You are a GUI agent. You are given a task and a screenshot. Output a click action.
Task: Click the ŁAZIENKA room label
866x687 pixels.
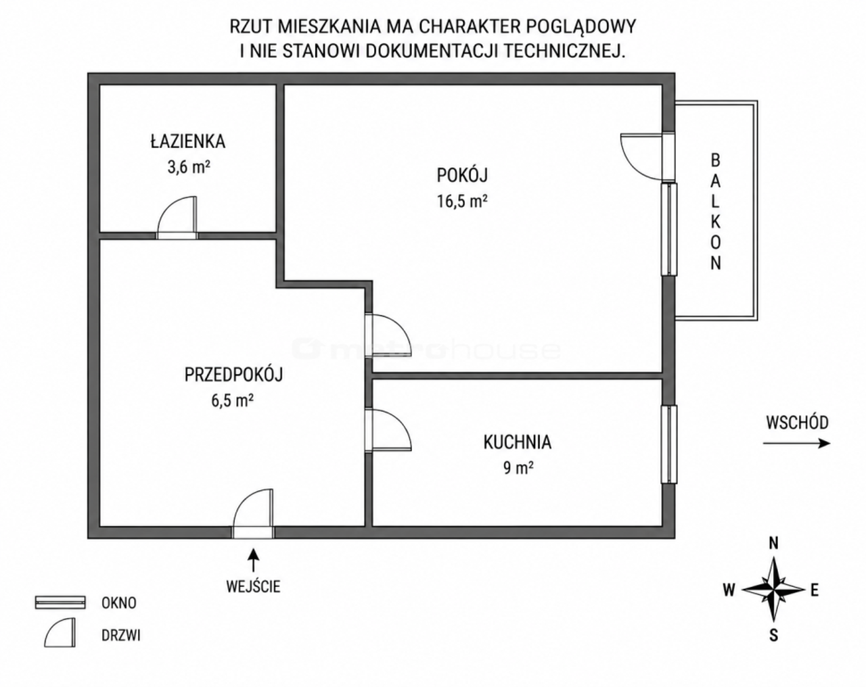[188, 141]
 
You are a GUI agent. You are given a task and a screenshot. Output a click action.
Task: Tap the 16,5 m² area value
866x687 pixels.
[462, 201]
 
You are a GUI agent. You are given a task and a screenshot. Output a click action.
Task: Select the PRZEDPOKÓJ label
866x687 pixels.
[234, 375]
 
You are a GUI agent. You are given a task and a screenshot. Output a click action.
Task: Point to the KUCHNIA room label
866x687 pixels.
[517, 442]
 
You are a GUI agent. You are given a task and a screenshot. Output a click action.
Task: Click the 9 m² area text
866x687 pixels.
[518, 468]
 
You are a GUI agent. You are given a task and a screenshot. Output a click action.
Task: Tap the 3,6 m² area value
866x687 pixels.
[189, 167]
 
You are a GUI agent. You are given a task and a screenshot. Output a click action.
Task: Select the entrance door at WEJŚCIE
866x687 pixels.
[253, 513]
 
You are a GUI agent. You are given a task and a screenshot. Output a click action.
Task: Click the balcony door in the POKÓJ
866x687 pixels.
[647, 156]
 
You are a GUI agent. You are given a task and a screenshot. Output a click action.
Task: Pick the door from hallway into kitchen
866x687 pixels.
[388, 430]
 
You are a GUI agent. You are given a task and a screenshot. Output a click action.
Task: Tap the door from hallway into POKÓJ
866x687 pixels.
[388, 335]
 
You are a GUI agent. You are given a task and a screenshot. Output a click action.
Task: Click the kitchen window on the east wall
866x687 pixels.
[669, 444]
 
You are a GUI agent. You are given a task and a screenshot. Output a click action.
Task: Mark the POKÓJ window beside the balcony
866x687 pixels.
[669, 229]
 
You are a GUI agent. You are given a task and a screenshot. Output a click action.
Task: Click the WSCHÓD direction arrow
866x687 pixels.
[796, 444]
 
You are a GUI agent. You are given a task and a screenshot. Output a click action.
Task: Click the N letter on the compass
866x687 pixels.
[773, 543]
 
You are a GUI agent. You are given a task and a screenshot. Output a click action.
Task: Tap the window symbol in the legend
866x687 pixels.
[60, 602]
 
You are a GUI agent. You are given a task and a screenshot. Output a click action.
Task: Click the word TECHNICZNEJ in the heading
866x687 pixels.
[564, 51]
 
